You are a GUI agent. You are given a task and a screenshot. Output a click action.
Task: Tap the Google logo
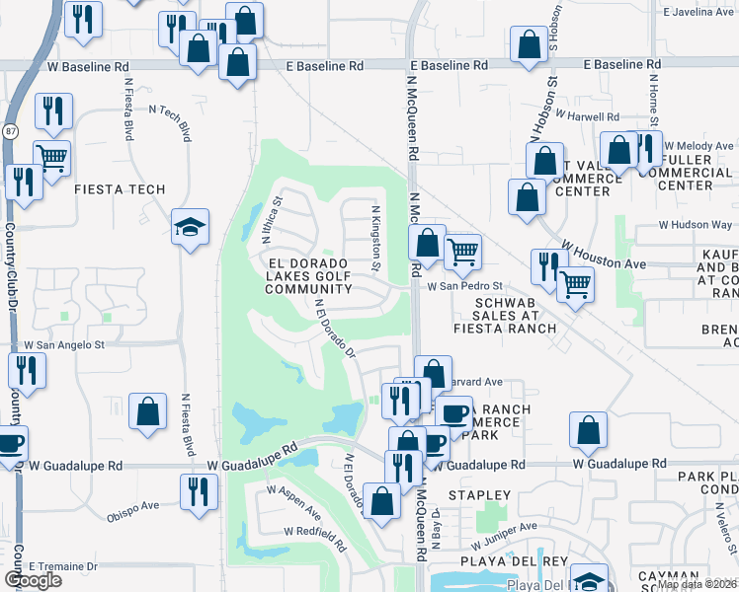(33, 580)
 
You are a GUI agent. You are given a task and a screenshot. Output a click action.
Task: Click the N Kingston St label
(375, 238)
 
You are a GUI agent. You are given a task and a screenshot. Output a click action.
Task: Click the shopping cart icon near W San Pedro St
(462, 253)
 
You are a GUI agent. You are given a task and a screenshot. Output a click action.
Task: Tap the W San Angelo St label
(64, 345)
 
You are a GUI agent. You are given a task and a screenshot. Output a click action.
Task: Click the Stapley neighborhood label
(480, 494)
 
